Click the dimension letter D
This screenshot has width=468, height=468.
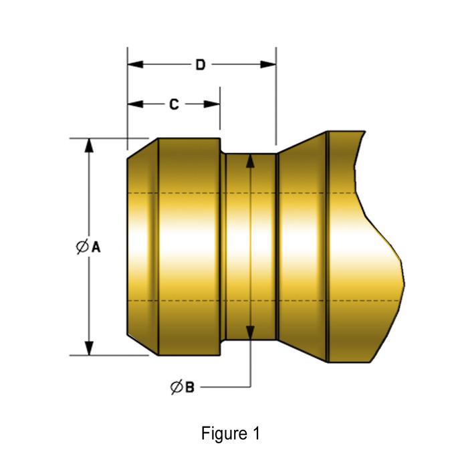click(x=200, y=65)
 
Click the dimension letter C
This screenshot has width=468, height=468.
click(x=173, y=104)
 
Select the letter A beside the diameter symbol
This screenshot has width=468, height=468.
click(x=96, y=247)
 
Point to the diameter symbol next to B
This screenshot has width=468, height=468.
click(x=176, y=386)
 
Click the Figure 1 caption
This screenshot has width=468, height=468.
click(x=230, y=433)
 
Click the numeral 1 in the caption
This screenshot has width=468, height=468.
click(x=255, y=433)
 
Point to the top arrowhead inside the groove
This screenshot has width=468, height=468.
click(x=249, y=161)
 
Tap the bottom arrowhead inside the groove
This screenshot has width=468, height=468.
click(x=249, y=332)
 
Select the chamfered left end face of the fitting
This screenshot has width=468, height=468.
click(x=142, y=247)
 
